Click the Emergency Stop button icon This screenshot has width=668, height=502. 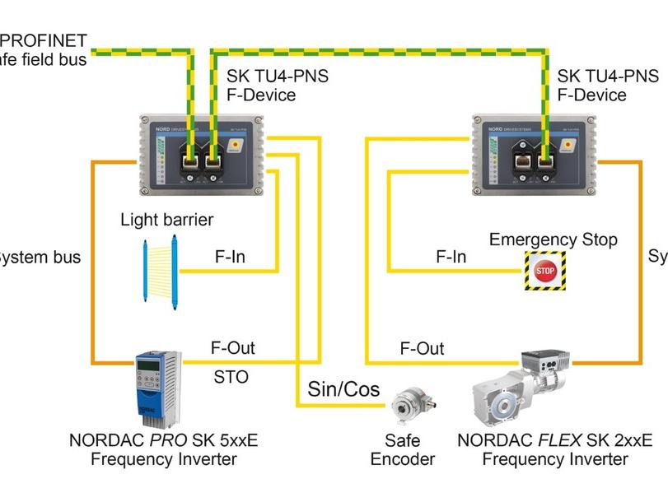(x=544, y=270)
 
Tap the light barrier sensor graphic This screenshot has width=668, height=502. (x=161, y=269)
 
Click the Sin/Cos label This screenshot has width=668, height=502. (x=343, y=388)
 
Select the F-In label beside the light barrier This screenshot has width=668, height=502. (x=230, y=257)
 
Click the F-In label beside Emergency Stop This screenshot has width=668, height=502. (x=451, y=257)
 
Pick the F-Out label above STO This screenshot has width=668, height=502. (x=232, y=347)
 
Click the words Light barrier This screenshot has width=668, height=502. (x=166, y=220)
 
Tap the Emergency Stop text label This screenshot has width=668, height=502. (x=553, y=239)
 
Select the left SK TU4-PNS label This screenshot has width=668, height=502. (x=278, y=77)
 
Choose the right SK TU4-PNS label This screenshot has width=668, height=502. (x=608, y=77)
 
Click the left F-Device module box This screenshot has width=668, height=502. (x=201, y=153)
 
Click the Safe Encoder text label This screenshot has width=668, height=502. (x=402, y=450)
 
